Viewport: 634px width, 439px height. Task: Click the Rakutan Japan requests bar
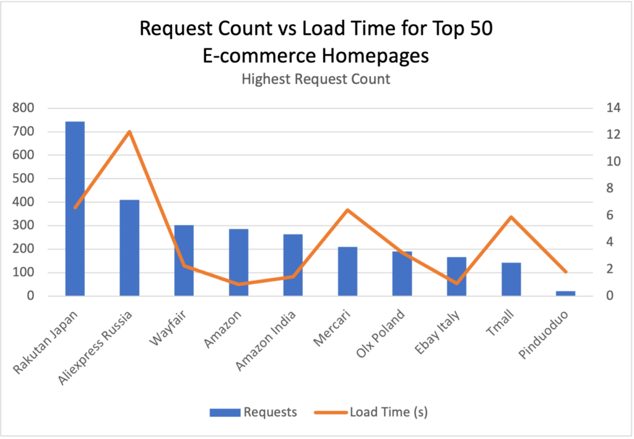click(75, 208)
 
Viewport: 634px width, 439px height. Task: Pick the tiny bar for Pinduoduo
click(565, 293)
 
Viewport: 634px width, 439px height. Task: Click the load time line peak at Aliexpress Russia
click(129, 131)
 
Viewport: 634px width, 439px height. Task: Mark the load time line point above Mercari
click(347, 210)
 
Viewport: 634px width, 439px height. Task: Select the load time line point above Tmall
click(511, 216)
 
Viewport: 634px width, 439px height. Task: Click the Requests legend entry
click(253, 412)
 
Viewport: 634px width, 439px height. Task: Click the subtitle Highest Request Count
click(316, 79)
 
